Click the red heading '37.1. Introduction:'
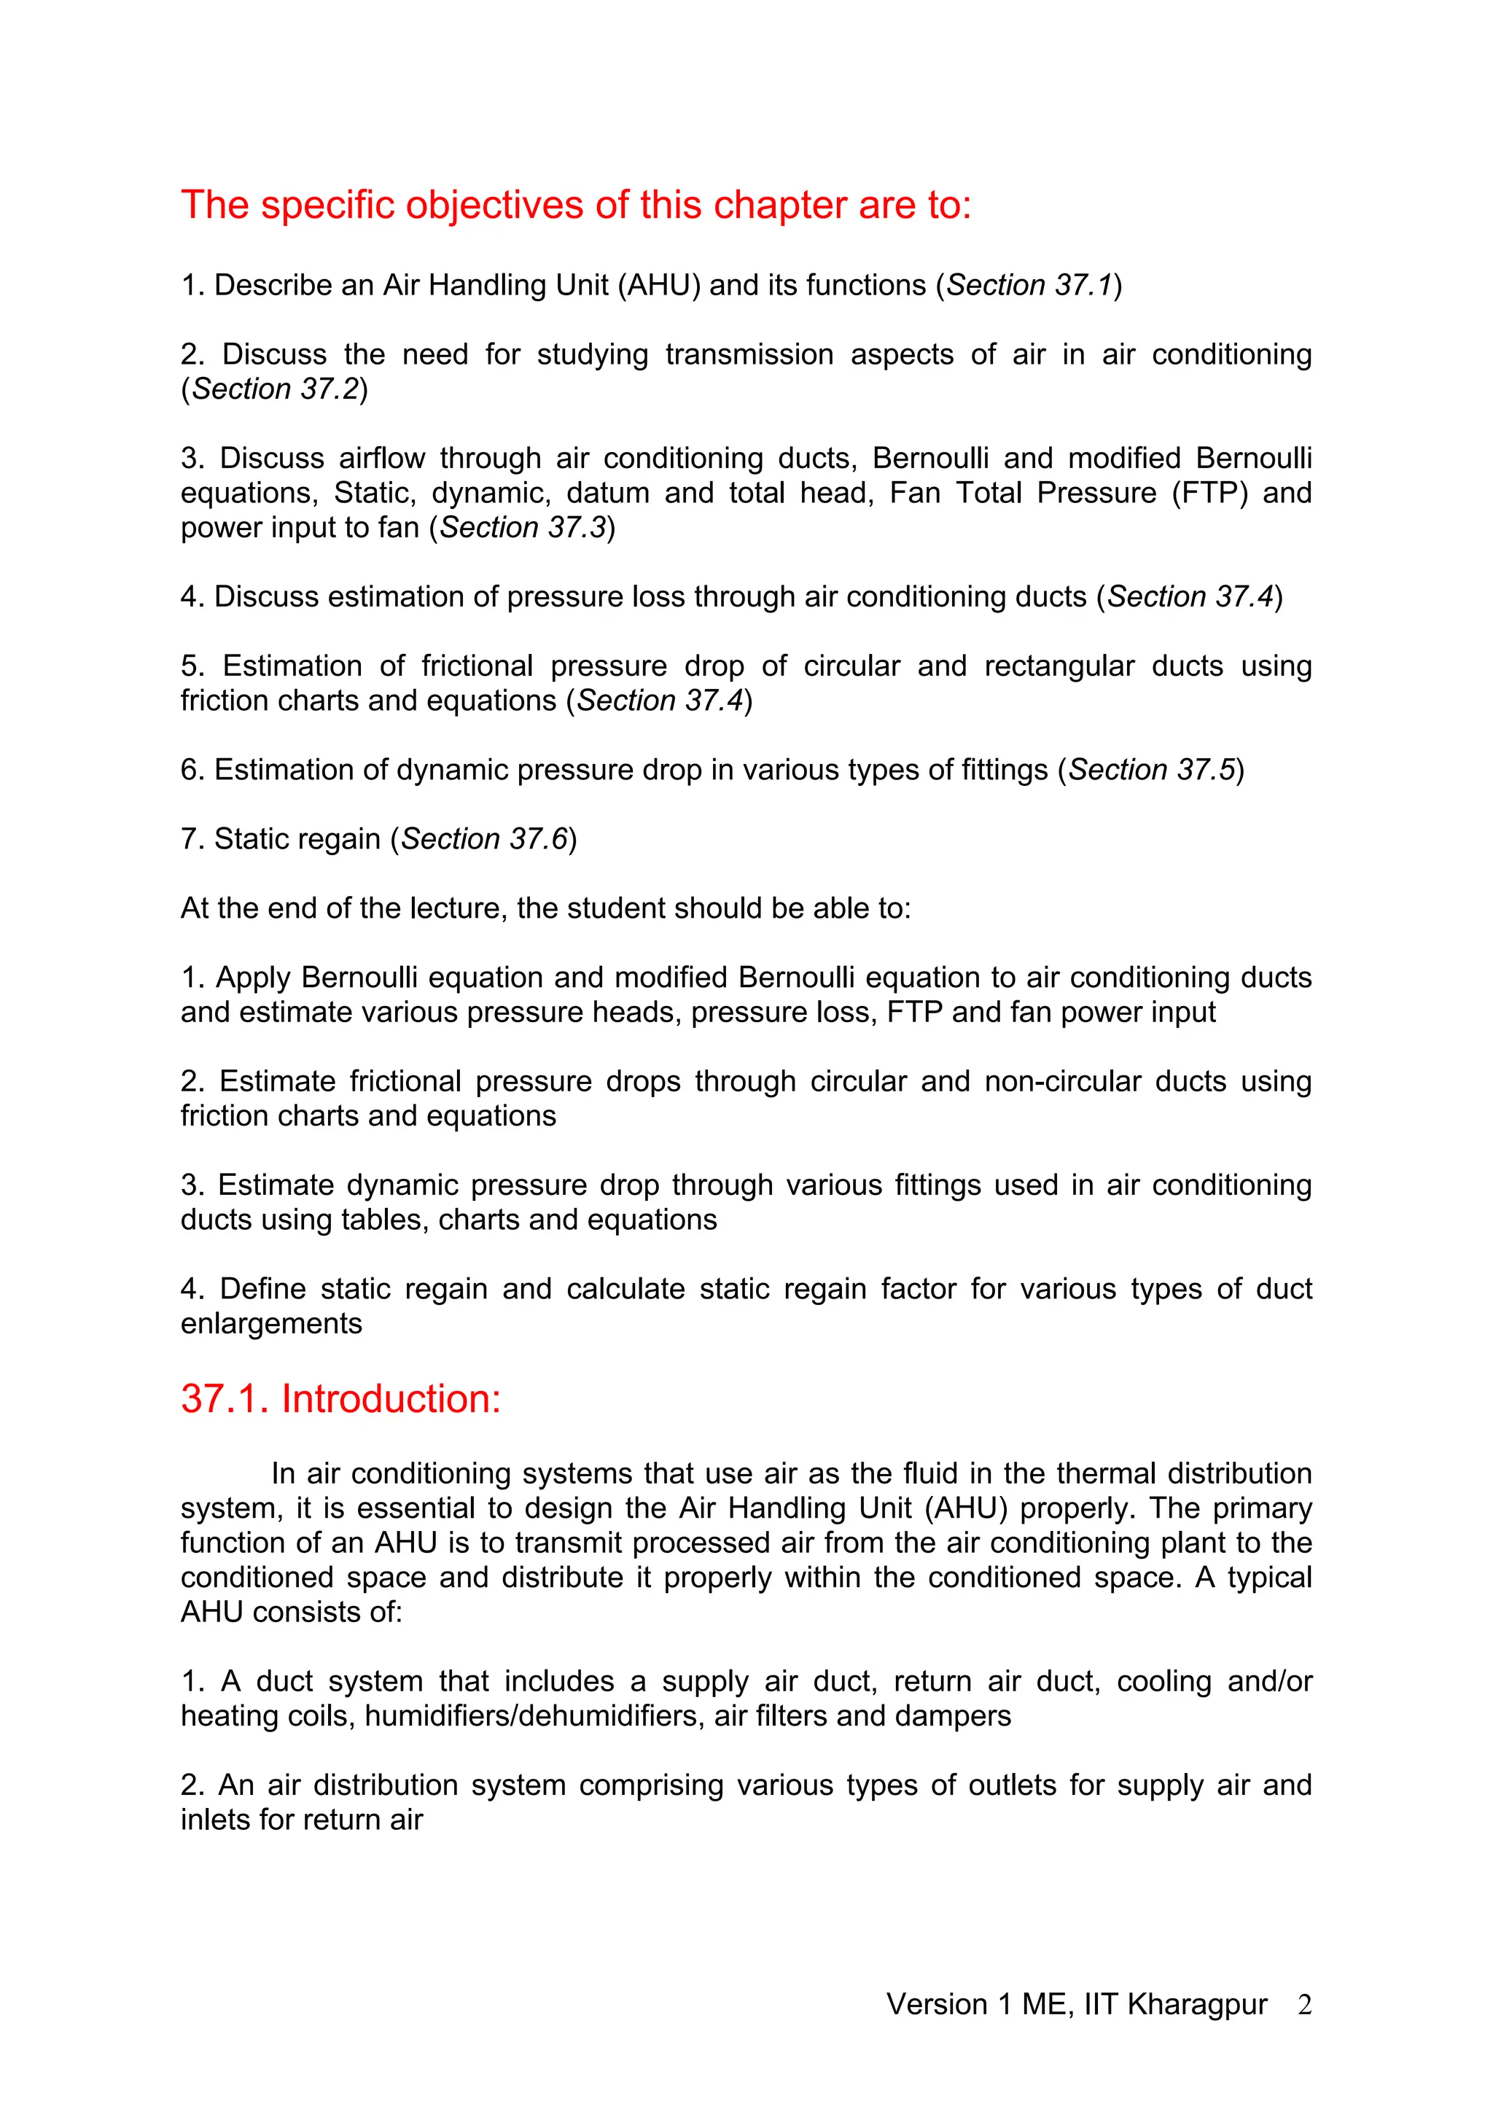tap(340, 1399)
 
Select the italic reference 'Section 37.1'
tap(1029, 285)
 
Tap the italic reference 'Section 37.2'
tap(274, 389)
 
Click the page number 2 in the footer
tap(1304, 2004)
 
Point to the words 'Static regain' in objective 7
tap(296, 839)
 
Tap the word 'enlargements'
tap(271, 1325)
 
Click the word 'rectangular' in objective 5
tap(1059, 666)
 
